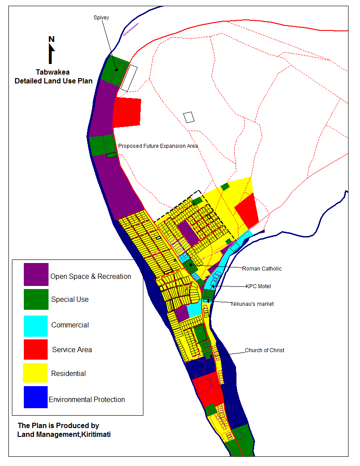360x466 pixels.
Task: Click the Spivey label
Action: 101,18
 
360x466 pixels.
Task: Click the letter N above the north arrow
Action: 52,39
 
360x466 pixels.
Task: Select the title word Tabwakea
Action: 53,72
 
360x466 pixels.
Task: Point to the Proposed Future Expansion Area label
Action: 158,146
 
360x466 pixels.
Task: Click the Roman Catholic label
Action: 262,268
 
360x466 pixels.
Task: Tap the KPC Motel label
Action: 258,286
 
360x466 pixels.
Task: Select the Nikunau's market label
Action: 252,304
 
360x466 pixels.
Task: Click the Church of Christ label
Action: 264,350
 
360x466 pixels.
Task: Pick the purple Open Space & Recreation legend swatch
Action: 36,274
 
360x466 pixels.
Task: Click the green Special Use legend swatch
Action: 36,299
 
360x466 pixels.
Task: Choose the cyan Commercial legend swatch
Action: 36,326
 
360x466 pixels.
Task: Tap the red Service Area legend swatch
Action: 36,349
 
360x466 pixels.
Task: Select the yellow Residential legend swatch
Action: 36,373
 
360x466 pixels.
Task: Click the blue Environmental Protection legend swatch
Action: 36,397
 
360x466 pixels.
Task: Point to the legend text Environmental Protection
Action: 87,400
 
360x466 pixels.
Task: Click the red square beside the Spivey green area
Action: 127,113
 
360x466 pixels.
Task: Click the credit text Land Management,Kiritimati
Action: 64,435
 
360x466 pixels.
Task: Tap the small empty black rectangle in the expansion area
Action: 189,117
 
